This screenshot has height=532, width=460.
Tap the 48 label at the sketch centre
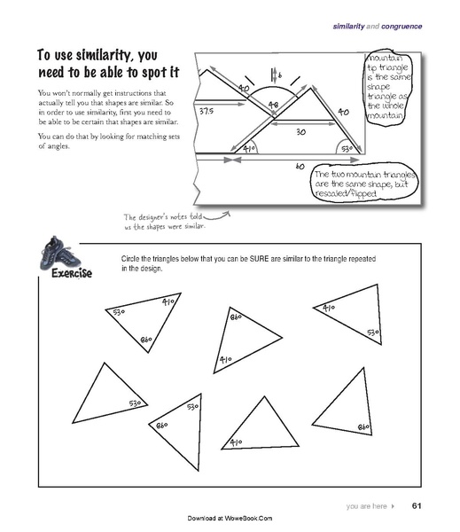point(274,106)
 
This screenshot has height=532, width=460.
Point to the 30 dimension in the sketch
point(300,131)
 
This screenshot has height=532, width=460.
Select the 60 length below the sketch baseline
point(299,166)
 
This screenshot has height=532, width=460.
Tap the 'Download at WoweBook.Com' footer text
point(230,517)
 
